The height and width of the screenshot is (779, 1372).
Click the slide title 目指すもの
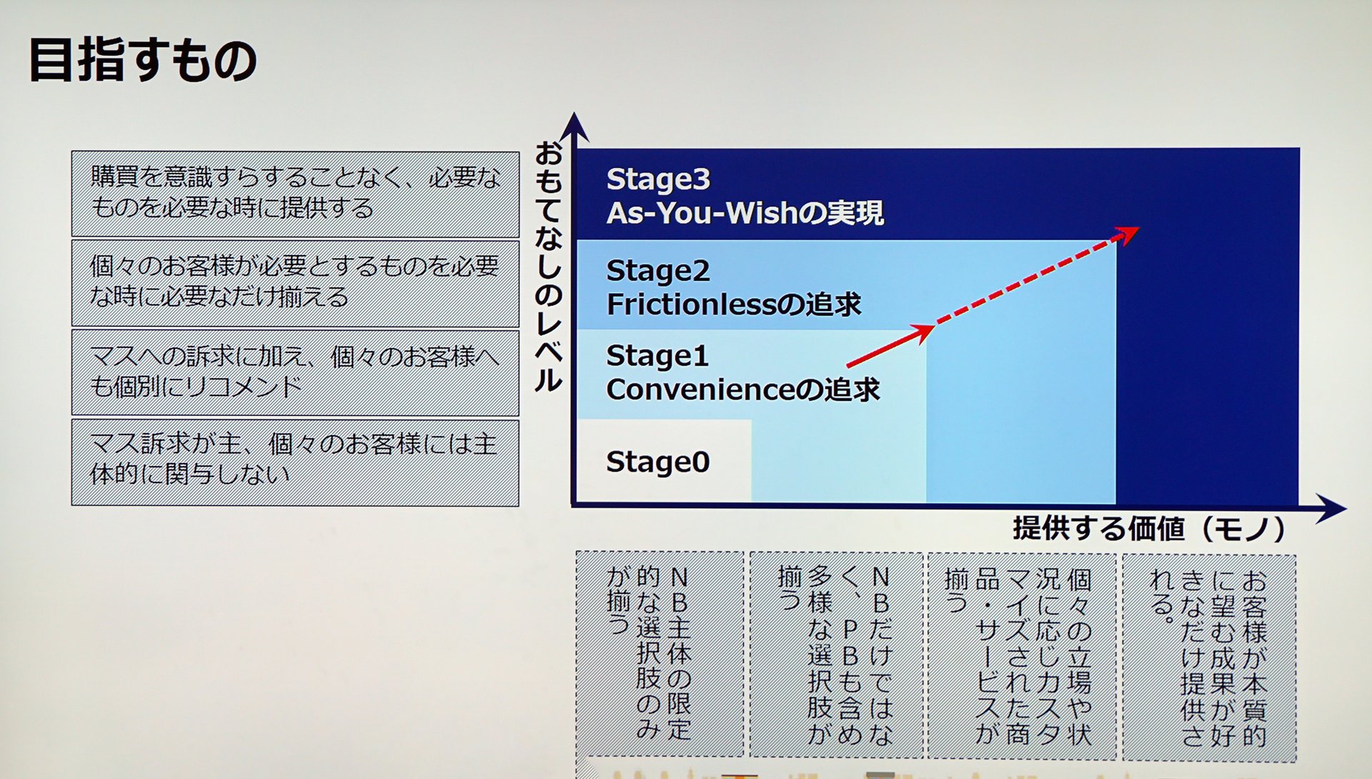143,61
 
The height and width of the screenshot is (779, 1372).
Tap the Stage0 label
657,462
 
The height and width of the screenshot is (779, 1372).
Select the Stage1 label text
657,356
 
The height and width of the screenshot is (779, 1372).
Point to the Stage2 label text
657,271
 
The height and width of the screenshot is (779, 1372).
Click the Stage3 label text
657,179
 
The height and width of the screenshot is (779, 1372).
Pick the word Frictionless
690,305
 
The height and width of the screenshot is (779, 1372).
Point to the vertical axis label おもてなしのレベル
549,266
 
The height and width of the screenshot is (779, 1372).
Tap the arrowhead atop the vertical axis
574,126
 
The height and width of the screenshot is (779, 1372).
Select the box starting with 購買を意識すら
295,194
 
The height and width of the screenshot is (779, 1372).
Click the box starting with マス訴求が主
295,463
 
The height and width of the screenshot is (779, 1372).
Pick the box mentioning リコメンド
295,372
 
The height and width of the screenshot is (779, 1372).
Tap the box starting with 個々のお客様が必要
295,284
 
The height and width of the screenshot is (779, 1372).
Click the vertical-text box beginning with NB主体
660,653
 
